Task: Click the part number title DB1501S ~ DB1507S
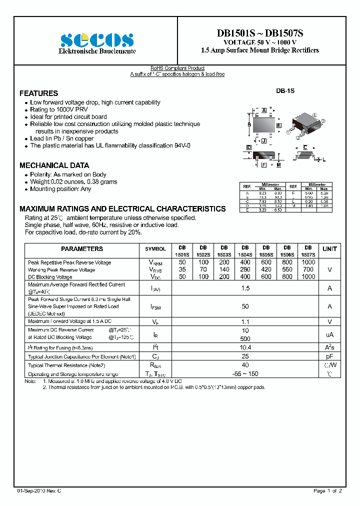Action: pos(259,33)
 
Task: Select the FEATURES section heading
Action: pos(38,93)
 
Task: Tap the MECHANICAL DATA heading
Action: pos(54,165)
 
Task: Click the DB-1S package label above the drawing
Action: pos(285,91)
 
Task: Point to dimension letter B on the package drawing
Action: pos(249,124)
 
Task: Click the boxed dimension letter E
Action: pos(278,125)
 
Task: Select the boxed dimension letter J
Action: pos(263,140)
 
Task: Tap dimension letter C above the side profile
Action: pos(305,147)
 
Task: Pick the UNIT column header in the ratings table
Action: pos(329,248)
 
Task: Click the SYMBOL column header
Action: pos(155,248)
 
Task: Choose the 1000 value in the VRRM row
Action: pos(308,262)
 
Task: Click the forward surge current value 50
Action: pos(245,306)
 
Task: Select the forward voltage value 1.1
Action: pos(245,322)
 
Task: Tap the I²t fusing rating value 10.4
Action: pos(245,347)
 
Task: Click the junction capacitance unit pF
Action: pos(329,356)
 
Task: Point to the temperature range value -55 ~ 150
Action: pos(245,374)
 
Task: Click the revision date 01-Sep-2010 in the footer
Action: pos(39,491)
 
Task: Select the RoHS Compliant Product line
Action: pos(177,68)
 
